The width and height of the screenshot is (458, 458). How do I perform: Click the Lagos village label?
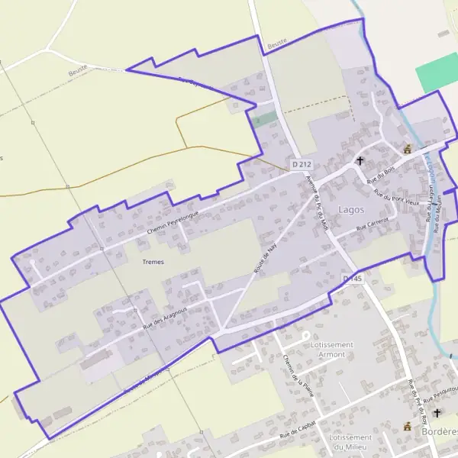tap(351, 209)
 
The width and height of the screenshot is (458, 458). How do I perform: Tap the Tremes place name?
tap(153, 262)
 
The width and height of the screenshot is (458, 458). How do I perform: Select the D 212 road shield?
tap(302, 164)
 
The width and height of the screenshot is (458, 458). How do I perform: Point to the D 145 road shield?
tap(352, 279)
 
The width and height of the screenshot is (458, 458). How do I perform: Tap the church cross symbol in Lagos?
tap(360, 161)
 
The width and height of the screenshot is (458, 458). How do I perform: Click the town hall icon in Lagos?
tap(408, 149)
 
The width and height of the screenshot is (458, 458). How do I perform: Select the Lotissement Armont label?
tap(332, 350)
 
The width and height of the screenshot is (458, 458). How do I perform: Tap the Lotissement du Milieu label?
tap(350, 442)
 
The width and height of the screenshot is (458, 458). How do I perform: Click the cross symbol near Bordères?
tap(437, 413)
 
